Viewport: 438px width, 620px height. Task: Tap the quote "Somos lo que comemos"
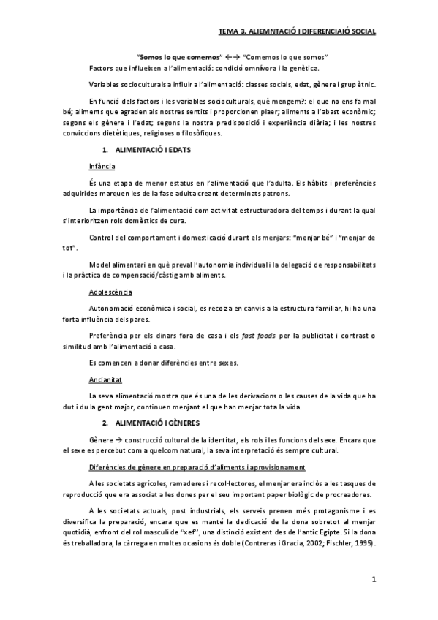pyautogui.click(x=173, y=57)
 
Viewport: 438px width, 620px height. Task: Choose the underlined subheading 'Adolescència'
pyautogui.click(x=109, y=292)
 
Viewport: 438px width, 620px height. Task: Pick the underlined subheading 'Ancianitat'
pyautogui.click(x=105, y=380)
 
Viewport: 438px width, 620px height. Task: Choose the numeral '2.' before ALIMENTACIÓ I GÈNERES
pyautogui.click(x=105, y=423)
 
